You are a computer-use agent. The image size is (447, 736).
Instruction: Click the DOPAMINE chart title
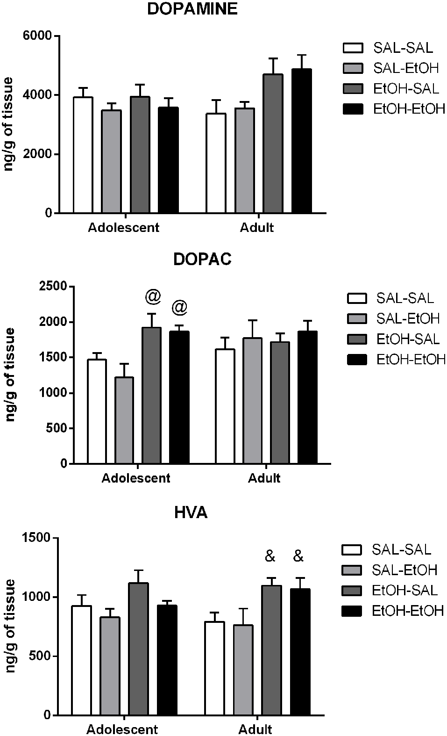tap(192, 9)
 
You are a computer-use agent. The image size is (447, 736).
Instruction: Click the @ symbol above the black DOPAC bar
tap(179, 308)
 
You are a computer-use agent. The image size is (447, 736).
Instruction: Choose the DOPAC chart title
tap(202, 260)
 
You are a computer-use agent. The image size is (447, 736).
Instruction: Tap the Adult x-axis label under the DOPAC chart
tap(264, 478)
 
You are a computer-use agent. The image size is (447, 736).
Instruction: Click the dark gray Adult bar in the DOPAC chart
tap(280, 403)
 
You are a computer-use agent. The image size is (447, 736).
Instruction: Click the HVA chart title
tap(191, 513)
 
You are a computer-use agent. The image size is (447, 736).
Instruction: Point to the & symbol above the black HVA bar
tap(298, 556)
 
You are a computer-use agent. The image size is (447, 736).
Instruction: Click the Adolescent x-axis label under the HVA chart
tap(122, 729)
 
